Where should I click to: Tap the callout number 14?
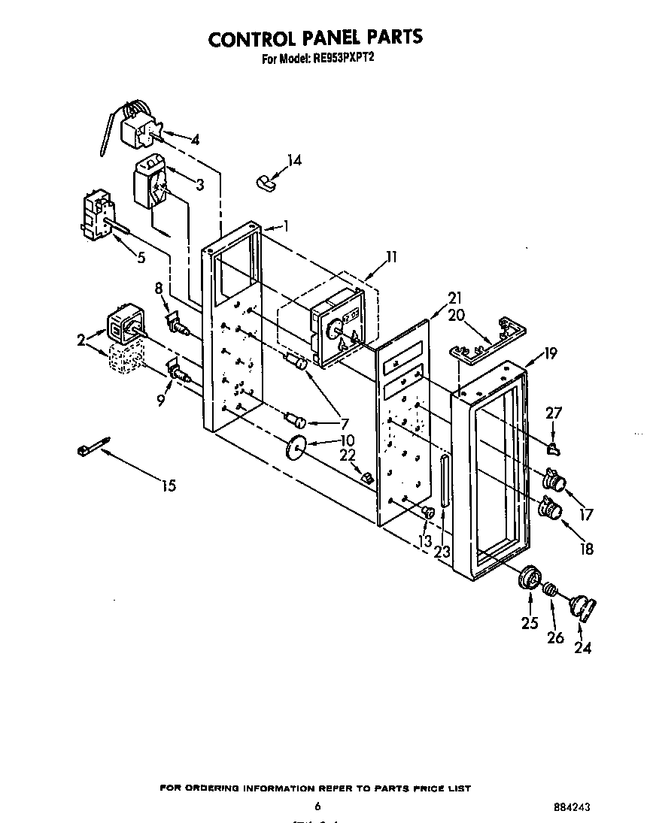[294, 160]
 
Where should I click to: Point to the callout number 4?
[195, 139]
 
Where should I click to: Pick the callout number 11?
[390, 256]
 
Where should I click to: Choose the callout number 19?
[550, 353]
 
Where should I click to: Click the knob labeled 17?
[555, 480]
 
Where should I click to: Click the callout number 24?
[582, 648]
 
